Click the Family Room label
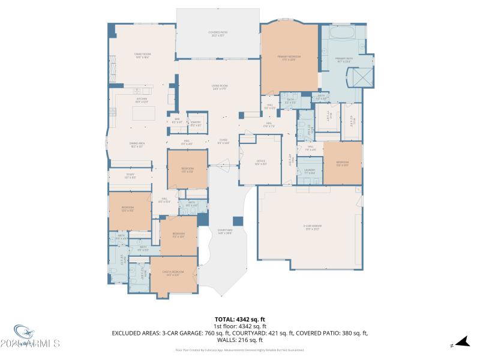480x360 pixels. tap(142, 55)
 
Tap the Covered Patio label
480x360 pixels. tap(218, 34)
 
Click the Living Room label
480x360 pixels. tap(218, 88)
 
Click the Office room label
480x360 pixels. tap(260, 161)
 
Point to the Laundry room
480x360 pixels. tap(310, 171)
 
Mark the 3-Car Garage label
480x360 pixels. tap(310, 227)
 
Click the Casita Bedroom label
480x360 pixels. tap(173, 273)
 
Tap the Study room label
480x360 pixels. tap(130, 177)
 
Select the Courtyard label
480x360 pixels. tap(225, 230)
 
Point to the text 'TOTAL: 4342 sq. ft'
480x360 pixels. tap(240, 319)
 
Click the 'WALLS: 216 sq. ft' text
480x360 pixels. tap(240, 340)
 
